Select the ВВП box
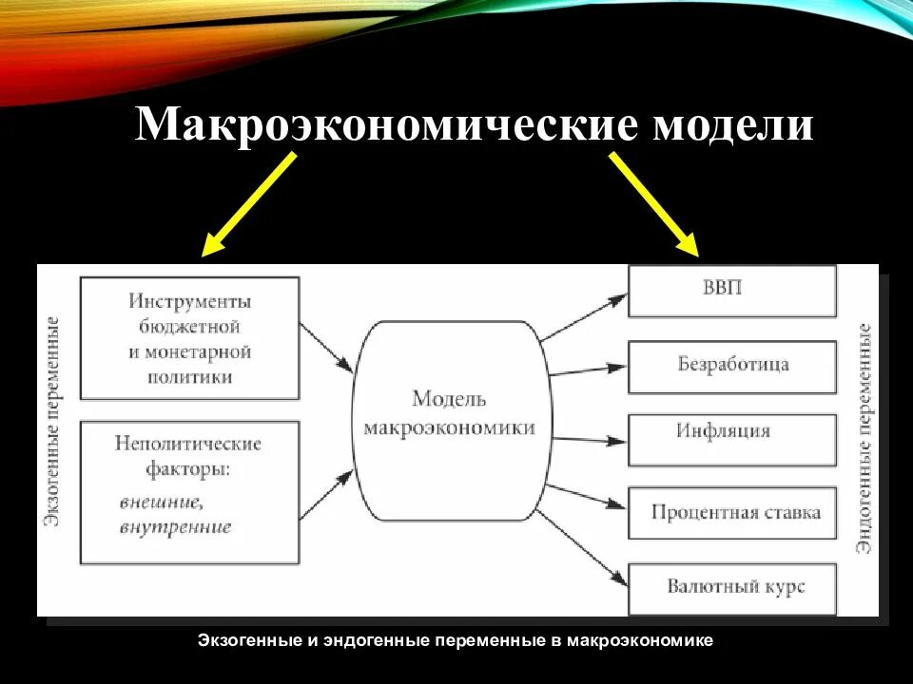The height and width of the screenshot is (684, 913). click(x=732, y=290)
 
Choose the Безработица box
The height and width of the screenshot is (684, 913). click(x=732, y=366)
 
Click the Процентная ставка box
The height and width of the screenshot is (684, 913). click(x=732, y=513)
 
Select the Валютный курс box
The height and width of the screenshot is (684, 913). click(x=732, y=587)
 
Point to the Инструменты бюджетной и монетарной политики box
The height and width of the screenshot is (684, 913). click(x=189, y=338)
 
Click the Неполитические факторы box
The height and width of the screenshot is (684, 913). click(x=189, y=492)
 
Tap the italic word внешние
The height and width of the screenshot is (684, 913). click(x=162, y=501)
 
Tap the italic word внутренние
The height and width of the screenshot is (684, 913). click(x=176, y=526)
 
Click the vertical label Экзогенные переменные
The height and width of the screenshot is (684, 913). click(x=55, y=418)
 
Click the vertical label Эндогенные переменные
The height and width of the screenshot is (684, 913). click(x=864, y=437)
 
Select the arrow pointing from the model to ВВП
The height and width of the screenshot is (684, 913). click(x=583, y=317)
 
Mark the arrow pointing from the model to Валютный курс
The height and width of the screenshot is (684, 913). click(x=582, y=544)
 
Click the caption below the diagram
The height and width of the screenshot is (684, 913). click(x=456, y=641)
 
